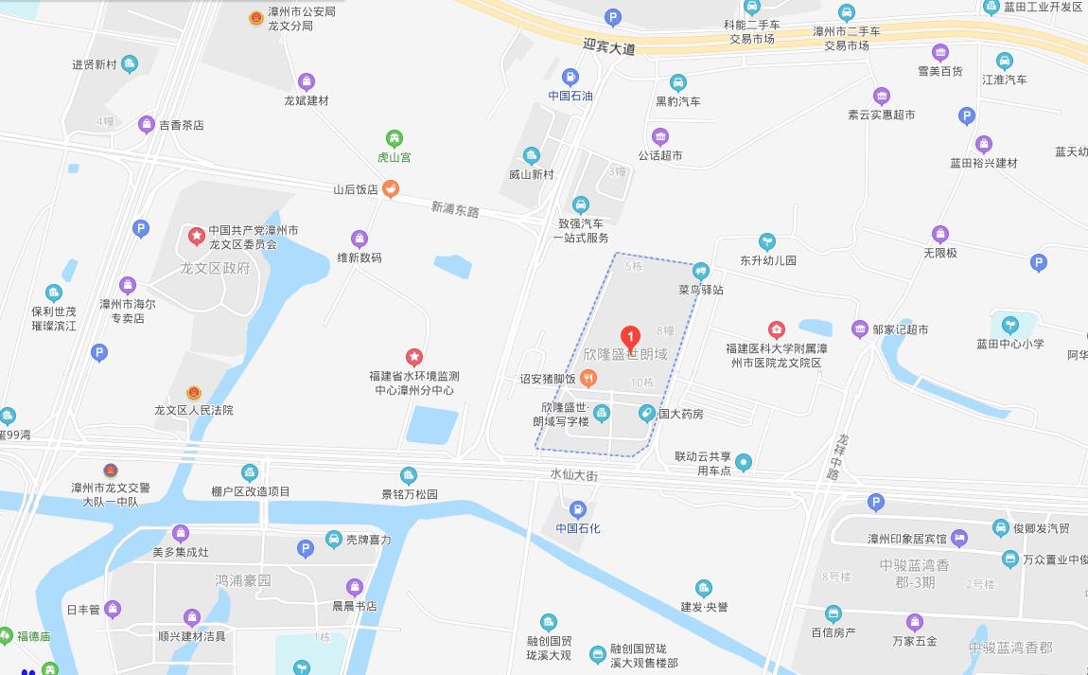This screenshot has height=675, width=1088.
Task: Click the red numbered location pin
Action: (630, 337)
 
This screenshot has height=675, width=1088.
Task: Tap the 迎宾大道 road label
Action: (609, 46)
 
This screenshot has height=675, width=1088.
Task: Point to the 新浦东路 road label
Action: (455, 208)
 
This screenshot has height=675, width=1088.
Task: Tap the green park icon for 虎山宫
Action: (395, 138)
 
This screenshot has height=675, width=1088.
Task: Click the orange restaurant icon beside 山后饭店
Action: (390, 189)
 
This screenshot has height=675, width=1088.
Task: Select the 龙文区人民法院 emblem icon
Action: (194, 392)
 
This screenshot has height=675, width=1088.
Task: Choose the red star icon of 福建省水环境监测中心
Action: (413, 357)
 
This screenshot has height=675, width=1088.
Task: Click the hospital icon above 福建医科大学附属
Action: (776, 330)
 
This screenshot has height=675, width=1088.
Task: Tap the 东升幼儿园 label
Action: (768, 260)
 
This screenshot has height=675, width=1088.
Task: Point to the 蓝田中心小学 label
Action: (1010, 344)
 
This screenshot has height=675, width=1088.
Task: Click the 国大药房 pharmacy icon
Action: (647, 413)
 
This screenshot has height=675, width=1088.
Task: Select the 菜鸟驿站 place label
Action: (700, 290)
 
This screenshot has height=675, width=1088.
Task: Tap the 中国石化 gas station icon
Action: (578, 510)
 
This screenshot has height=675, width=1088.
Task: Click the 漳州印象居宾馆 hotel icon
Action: (959, 538)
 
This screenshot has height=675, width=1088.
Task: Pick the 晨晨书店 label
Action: (354, 606)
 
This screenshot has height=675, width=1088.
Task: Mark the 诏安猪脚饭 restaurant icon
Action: (588, 379)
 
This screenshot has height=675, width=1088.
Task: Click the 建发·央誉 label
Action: (704, 607)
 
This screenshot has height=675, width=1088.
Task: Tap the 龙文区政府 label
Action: (215, 268)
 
